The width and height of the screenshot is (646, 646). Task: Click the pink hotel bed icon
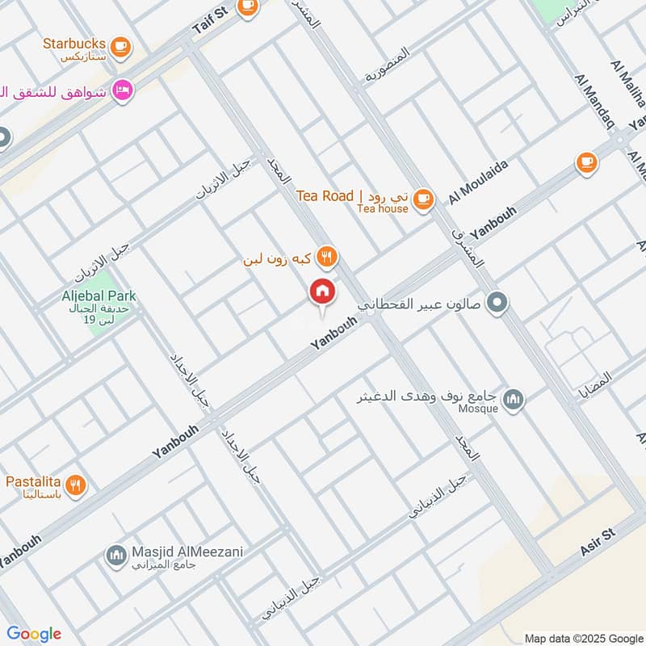tap(123, 90)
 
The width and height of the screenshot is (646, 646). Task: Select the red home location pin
tap(322, 292)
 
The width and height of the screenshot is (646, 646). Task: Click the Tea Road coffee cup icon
tap(422, 198)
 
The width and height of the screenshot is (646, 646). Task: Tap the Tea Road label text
tap(325, 196)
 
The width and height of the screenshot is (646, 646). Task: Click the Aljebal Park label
tap(99, 296)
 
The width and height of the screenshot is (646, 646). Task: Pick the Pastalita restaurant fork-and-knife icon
tap(75, 484)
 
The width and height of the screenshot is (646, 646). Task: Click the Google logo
tap(33, 634)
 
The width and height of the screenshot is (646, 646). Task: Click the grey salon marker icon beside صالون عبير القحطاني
tap(499, 304)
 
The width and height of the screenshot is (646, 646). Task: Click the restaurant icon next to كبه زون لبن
tap(326, 258)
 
